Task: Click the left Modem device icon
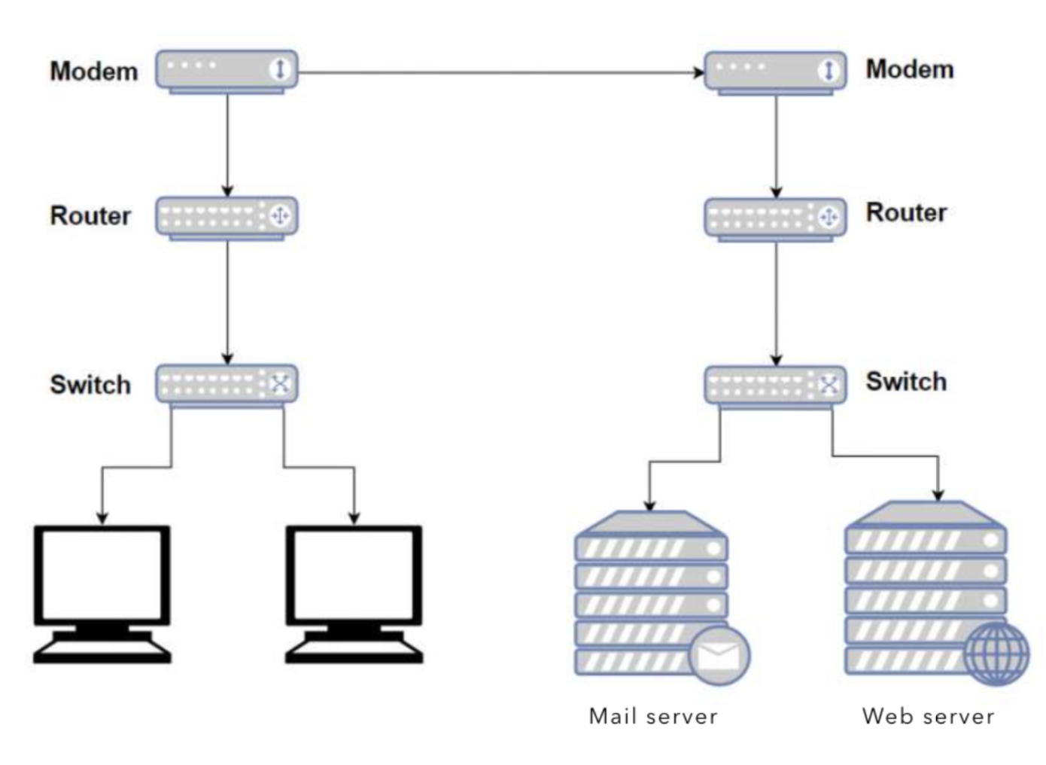pos(227,71)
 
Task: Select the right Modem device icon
pos(774,72)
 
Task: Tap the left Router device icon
pos(227,217)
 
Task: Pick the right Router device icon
pos(774,218)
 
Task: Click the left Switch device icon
pos(227,385)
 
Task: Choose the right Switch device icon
pos(774,386)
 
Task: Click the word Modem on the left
pos(94,72)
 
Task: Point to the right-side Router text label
pos(906,213)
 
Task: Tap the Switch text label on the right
pos(906,382)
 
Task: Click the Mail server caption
pos(653,716)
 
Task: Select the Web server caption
pos(928,716)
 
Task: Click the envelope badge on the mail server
pos(719,655)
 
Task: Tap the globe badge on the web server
pos(996,653)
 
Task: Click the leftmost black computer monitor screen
pos(102,574)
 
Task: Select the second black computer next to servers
pos(354,574)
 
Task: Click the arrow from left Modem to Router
pos(227,143)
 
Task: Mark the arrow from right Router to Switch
pos(776,301)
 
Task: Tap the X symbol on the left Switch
pos(280,384)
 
